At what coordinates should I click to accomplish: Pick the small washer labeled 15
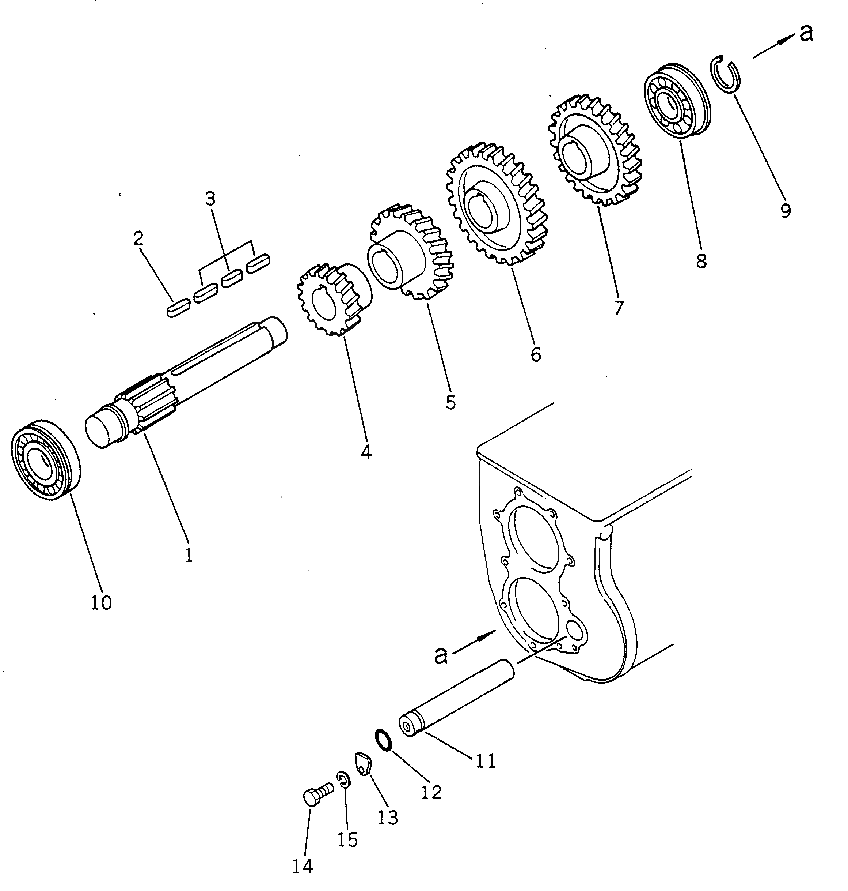click(x=343, y=780)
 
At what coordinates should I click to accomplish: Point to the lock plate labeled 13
click(x=364, y=764)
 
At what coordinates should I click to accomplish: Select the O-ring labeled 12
click(x=383, y=740)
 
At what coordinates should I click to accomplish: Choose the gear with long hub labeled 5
click(x=409, y=256)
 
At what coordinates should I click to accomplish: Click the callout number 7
click(x=618, y=307)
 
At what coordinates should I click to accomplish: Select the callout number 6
click(x=536, y=355)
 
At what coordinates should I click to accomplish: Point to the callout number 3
click(x=210, y=199)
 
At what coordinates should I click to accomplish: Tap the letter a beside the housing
click(x=440, y=654)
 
